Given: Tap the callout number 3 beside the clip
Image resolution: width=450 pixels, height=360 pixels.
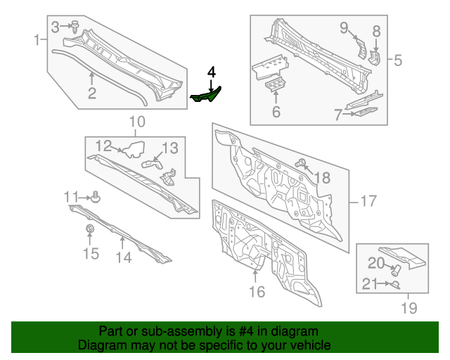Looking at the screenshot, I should (x=55, y=27).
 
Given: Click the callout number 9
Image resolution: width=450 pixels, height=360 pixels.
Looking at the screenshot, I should (x=344, y=28).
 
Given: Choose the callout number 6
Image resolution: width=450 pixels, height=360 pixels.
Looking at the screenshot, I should (x=276, y=112).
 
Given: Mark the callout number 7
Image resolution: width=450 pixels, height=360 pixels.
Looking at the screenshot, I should (x=338, y=114).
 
